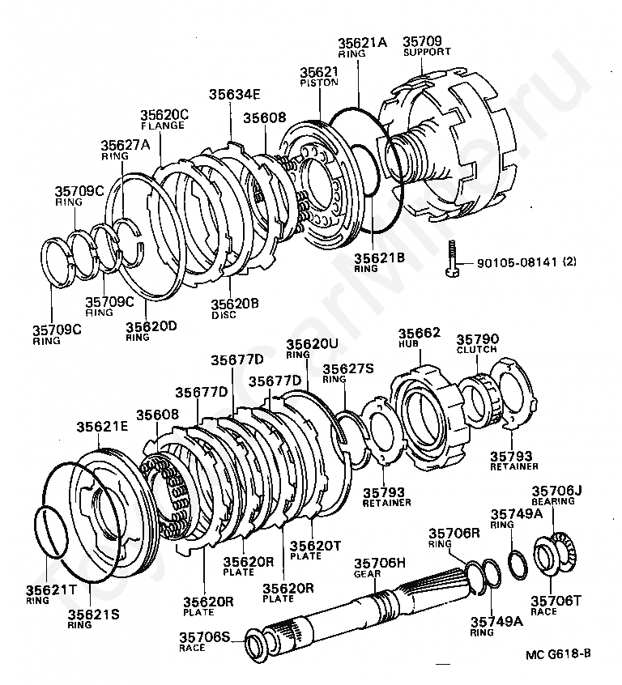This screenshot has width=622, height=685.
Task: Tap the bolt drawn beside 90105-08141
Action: [x=453, y=261]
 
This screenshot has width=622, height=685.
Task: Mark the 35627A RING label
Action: [x=126, y=149]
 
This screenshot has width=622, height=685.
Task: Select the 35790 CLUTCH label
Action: [x=478, y=344]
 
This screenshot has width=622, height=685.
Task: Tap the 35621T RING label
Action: [x=48, y=594]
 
